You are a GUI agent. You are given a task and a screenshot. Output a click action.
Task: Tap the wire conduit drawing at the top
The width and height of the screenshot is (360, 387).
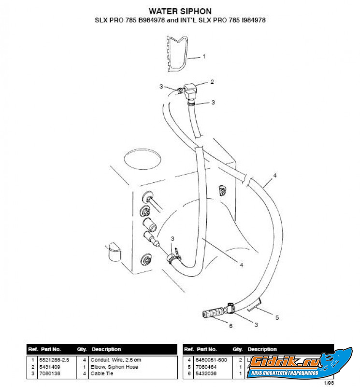coord(176,51)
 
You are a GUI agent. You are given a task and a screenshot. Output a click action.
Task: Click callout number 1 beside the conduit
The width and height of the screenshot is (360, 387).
coord(204,57)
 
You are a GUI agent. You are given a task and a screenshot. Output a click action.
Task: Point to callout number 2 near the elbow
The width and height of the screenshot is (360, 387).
coord(212,82)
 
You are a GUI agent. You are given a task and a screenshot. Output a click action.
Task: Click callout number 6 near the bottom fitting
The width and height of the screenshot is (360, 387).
coord(230,326)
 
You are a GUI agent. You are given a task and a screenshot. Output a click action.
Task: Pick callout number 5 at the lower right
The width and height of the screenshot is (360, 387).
coord(277,318)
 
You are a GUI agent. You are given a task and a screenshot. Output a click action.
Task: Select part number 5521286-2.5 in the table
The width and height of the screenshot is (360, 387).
coord(55,360)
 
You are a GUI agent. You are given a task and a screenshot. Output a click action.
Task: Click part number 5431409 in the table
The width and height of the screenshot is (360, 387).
coord(50,367)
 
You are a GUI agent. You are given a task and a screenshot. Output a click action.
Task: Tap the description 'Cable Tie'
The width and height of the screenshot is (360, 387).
coord(102,373)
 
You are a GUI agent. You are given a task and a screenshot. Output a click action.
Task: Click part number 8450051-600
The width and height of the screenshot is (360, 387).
coord(212,360)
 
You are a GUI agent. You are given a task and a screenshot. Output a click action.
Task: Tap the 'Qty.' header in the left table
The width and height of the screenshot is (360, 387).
coord(81,349)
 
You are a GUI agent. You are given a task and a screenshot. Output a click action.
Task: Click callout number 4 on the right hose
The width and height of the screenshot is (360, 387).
coord(274,175)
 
